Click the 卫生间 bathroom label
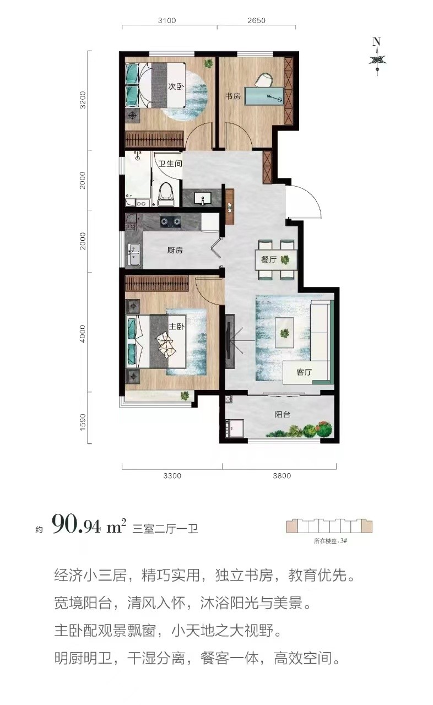170,164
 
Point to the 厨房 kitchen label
175,250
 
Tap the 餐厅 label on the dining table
269,259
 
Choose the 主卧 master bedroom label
176,327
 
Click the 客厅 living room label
304,372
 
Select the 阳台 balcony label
283,414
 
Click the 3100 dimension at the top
166,21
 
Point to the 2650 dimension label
257,21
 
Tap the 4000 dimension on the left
82,334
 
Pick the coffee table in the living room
284,332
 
